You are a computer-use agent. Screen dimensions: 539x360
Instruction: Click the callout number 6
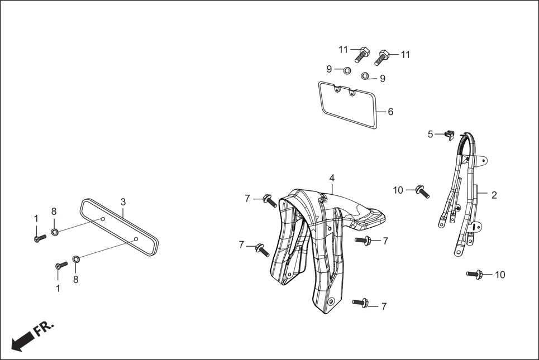pyautogui.click(x=390, y=112)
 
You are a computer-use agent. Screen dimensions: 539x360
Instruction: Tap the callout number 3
pyautogui.click(x=123, y=202)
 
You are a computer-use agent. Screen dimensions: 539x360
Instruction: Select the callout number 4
pyautogui.click(x=332, y=178)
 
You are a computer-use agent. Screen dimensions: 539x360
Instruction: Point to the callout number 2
pyautogui.click(x=494, y=195)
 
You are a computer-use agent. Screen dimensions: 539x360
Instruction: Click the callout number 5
pyautogui.click(x=431, y=135)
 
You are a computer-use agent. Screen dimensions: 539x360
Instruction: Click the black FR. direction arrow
pyautogui.click(x=23, y=340)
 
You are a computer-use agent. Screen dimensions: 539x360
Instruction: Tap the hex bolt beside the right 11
pyautogui.click(x=381, y=58)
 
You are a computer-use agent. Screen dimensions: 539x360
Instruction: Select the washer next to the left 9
pyautogui.click(x=347, y=71)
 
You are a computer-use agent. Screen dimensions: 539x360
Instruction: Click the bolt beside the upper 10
pyautogui.click(x=422, y=191)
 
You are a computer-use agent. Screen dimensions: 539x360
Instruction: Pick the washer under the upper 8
pyautogui.click(x=55, y=232)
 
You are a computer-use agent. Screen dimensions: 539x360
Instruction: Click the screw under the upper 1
pyautogui.click(x=40, y=238)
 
